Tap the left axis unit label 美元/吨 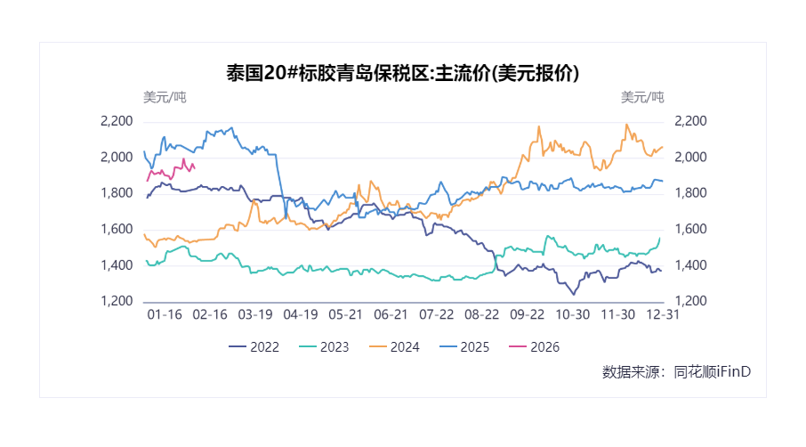pos(165,97)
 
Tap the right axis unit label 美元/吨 pos(641,97)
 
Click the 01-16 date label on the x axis pos(164,314)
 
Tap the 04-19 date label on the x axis pos(300,314)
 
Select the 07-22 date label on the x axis pos(436,314)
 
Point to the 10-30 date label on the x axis pos(572,314)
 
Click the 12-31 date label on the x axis pos(663,314)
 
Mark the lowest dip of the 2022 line pos(573,294)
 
